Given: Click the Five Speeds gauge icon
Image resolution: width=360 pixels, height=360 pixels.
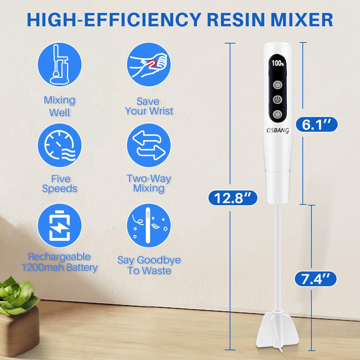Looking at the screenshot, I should coord(60,145).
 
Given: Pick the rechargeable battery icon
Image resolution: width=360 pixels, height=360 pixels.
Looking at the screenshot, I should coord(60,226).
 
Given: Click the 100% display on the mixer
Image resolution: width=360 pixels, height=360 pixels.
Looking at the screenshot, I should coord(278,63).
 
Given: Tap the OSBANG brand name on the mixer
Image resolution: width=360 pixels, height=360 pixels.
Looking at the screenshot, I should coord(278,131).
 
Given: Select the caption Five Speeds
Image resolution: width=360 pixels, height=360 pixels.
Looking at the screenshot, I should coord(60,184).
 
